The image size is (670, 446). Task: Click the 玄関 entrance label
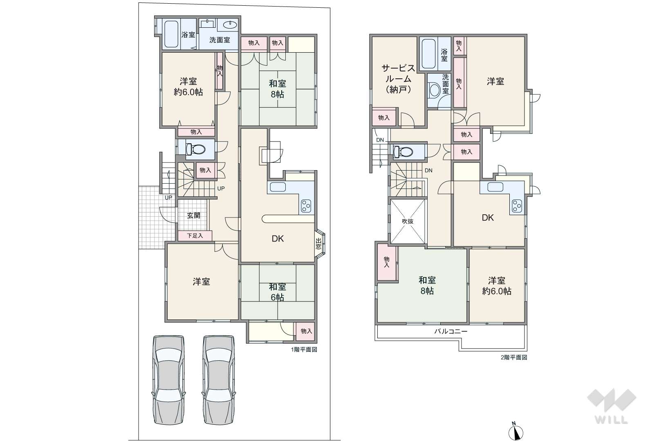pos(193,215)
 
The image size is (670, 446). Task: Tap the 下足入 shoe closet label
pos(195,236)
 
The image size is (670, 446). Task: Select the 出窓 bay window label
pos(318,244)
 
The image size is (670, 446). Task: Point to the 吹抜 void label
pos(408,221)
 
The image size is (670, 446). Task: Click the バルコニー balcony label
pos(451,331)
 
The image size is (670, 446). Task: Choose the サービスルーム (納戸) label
pos(399,79)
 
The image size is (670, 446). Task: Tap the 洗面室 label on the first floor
pos(220,40)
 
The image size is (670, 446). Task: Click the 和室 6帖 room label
pos(278,292)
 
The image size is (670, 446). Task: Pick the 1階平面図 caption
pos(304,350)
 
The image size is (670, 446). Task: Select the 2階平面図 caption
pos(514,357)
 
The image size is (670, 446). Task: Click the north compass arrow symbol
pos(516,431)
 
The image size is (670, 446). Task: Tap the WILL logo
pos(612,406)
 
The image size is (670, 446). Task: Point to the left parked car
pos(168,380)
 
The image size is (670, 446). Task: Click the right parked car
pos(218,380)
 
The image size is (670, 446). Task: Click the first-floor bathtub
pos(171,34)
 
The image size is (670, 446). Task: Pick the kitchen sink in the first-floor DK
pos(278,187)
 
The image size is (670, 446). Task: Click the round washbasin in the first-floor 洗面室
pos(230,24)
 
